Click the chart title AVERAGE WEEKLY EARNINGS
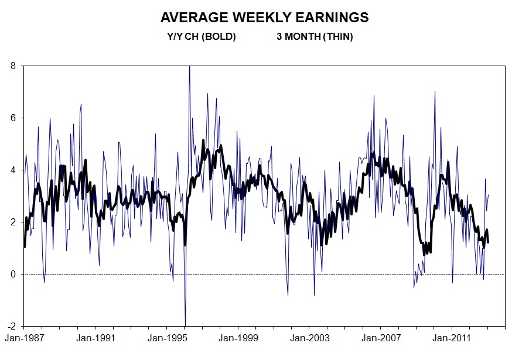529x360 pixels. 264,18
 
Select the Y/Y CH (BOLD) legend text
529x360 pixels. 201,37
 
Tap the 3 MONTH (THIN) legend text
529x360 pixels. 315,37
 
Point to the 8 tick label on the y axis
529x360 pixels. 13,66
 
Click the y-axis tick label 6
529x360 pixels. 13,118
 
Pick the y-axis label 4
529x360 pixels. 13,170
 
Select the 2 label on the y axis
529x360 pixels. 13,222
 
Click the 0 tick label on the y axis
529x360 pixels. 13,275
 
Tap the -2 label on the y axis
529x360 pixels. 12,326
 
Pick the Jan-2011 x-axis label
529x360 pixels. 451,338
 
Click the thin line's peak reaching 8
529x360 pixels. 189,67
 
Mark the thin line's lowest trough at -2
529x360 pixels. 185,325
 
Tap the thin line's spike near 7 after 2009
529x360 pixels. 435,92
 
